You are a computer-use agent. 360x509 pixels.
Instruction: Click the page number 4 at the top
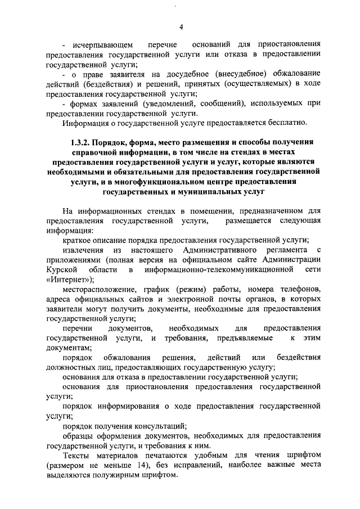(x=181, y=28)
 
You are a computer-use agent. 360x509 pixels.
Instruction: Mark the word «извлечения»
(x=83, y=249)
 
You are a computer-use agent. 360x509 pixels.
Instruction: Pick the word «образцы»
(x=78, y=436)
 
